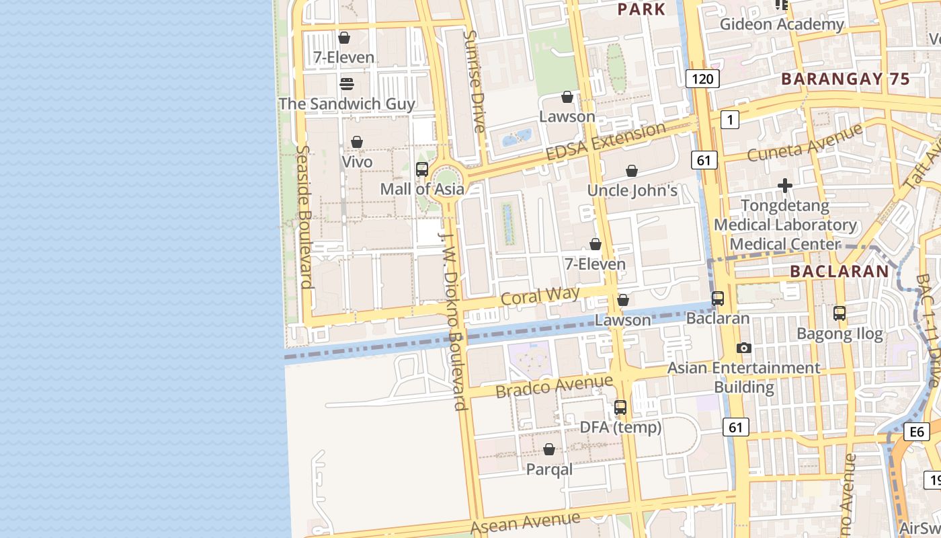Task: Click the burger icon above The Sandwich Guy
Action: click(346, 84)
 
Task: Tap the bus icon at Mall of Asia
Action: click(422, 169)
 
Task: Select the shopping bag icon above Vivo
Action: click(357, 143)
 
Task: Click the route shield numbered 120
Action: click(702, 79)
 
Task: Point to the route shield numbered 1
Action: click(729, 120)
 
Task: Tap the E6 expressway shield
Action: click(917, 432)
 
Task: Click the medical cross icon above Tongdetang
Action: click(784, 186)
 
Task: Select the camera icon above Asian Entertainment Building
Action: click(743, 348)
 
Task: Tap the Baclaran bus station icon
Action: click(718, 299)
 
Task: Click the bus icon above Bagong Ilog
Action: click(840, 313)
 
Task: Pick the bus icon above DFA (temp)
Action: click(620, 408)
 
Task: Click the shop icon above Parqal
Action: click(549, 449)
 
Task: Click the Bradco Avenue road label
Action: click(554, 386)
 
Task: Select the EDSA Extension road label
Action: click(606, 142)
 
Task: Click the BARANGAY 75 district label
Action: click(846, 79)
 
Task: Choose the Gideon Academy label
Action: click(781, 25)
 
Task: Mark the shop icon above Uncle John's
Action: click(632, 171)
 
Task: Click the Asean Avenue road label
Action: click(525, 523)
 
